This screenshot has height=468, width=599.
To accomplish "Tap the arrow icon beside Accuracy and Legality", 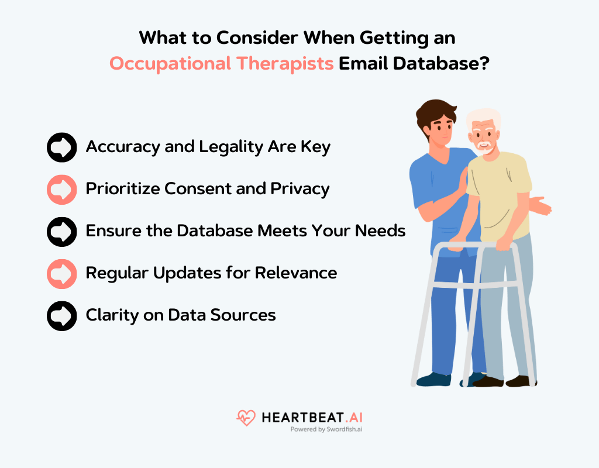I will [x=61, y=147].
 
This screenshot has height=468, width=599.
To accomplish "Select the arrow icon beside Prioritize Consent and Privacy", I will [x=61, y=189].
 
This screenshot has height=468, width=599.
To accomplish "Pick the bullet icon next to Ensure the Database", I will [x=61, y=231].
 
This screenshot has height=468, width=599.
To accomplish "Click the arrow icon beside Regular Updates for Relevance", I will [x=61, y=273].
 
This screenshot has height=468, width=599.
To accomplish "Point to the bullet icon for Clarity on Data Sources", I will [x=61, y=315].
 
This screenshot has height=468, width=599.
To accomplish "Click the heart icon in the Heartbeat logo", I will [x=246, y=418].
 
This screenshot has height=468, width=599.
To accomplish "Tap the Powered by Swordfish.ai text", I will [x=326, y=429].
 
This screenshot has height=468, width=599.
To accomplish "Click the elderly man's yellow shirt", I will [x=497, y=187].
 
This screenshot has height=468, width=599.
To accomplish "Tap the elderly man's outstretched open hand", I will [x=542, y=207].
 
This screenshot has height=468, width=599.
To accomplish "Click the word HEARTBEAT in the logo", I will [x=299, y=418].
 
